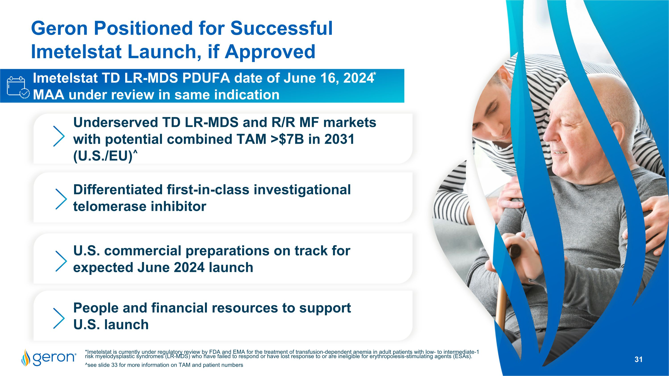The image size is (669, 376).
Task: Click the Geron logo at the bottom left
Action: pyautogui.click(x=49, y=358)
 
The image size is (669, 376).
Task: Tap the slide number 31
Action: pyautogui.click(x=638, y=359)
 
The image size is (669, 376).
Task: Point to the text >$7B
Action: pyautogui.click(x=287, y=139)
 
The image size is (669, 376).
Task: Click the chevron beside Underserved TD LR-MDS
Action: pyautogui.click(x=59, y=136)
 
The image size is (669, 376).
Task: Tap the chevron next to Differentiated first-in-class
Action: pyautogui.click(x=61, y=199)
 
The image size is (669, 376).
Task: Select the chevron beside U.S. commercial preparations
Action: pyautogui.click(x=61, y=261)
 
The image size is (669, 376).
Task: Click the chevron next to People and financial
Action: pyautogui.click(x=59, y=318)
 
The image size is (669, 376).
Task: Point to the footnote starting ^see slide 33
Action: pyautogui.click(x=164, y=365)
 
